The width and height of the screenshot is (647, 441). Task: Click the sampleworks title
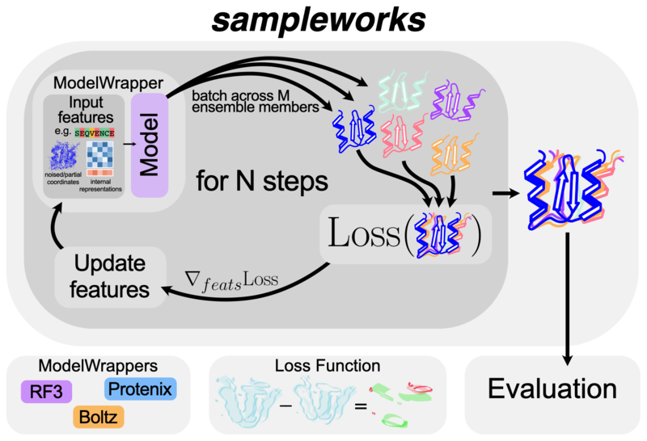319,20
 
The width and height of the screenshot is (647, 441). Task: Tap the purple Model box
150,145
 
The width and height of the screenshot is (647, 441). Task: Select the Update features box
111,277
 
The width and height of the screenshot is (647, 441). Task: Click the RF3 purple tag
47,392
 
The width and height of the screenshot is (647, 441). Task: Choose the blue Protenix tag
140,388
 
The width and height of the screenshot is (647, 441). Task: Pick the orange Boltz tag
99,417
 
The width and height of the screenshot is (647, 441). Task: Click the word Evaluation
552,388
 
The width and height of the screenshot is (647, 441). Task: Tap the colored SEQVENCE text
95,132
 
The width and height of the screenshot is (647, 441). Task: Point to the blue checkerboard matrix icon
99,155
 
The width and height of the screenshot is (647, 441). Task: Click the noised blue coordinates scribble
64,155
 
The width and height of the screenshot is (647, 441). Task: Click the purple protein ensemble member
456,102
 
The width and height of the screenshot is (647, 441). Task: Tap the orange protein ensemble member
453,154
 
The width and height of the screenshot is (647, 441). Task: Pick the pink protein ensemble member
402,134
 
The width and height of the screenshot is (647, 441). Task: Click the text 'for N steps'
262,181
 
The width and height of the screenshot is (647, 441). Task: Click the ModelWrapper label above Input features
108,83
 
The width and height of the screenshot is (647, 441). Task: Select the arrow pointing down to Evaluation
568,299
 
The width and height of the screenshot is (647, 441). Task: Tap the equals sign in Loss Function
361,406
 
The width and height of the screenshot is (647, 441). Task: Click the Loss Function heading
328,366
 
